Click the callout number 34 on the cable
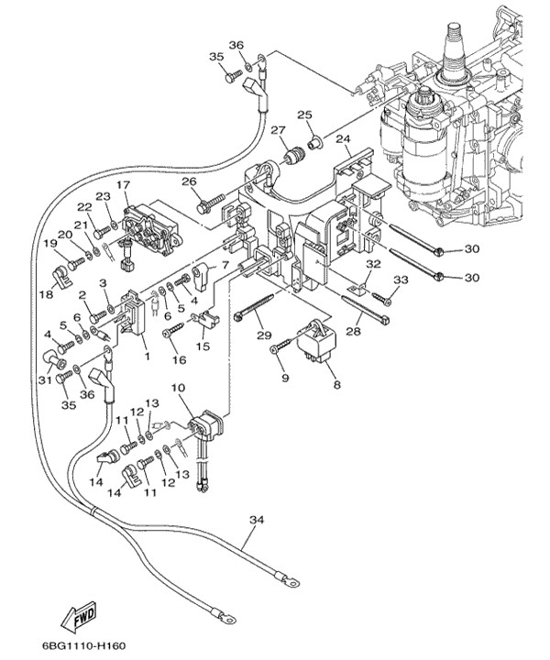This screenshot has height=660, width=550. [257, 520]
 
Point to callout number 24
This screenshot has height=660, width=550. [343, 140]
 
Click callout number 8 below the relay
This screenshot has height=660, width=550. [336, 386]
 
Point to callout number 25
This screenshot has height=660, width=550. [304, 115]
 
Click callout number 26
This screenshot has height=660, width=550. [190, 181]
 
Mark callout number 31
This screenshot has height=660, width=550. [44, 381]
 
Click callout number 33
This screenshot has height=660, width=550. [401, 279]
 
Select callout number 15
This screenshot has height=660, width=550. [203, 346]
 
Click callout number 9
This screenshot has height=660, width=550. [284, 377]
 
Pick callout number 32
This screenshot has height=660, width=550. [373, 263]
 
